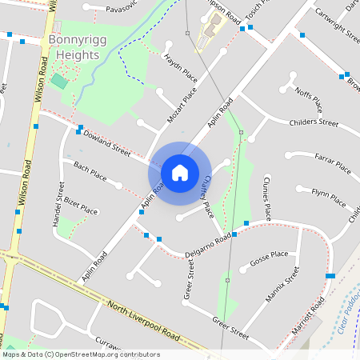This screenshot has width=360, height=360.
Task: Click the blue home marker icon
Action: click(180, 172)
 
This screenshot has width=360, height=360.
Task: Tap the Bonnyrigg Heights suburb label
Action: click(73, 47)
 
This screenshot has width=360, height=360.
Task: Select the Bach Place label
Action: click(90, 170)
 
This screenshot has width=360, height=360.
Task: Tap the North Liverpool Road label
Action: click(152, 319)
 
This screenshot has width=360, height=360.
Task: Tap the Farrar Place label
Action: click(333, 162)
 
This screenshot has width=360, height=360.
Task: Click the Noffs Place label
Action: click(310, 100)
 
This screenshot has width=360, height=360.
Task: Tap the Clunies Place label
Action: click(265, 199)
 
